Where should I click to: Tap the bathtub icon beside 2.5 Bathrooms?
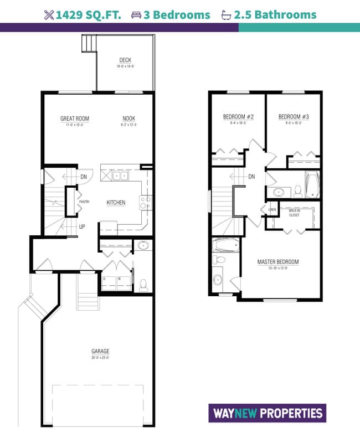[x=226, y=15]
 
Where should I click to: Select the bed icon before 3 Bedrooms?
[x=136, y=15]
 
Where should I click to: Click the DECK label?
[x=125, y=60]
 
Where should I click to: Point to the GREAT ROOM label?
[x=75, y=118]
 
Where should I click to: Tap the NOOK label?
[x=129, y=118]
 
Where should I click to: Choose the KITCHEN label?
[x=116, y=203]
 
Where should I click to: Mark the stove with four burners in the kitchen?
[x=146, y=203]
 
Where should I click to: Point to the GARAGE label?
[x=101, y=351]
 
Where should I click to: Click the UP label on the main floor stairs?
[x=81, y=226]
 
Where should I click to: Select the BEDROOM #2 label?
[x=238, y=117]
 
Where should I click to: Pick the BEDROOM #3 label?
[x=293, y=117]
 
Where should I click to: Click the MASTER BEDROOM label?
[x=277, y=262]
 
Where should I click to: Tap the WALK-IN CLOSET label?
[x=294, y=213]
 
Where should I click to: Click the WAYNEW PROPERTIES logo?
[x=266, y=413]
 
